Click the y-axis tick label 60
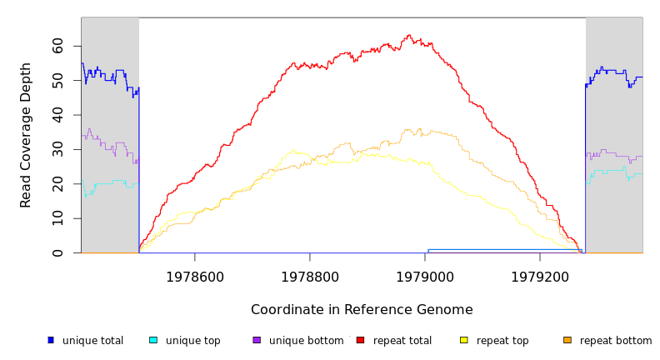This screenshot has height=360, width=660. [x=57, y=46]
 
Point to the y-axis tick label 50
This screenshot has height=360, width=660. [x=57, y=80]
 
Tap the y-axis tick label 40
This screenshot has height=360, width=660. [x=57, y=115]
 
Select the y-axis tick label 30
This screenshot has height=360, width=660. [x=57, y=149]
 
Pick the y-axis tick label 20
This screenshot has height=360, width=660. [x=57, y=183]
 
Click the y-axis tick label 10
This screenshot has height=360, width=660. [x=57, y=218]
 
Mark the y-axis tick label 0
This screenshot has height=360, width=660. [x=57, y=252]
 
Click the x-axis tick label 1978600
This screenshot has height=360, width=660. [x=195, y=277]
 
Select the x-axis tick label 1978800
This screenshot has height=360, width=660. [x=310, y=277]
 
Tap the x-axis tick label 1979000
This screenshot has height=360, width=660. [x=425, y=277]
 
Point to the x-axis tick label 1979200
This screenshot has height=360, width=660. [x=540, y=277]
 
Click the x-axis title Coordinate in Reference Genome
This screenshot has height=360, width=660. [x=362, y=310]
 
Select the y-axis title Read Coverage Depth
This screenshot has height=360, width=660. [x=26, y=135]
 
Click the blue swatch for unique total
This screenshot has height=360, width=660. [x=50, y=340]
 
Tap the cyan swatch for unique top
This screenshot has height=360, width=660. [x=153, y=340]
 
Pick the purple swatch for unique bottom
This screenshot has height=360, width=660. [x=257, y=340]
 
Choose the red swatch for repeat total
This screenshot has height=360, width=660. [x=360, y=340]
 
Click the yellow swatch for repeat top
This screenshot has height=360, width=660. [x=463, y=340]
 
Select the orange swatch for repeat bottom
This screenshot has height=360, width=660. [x=567, y=340]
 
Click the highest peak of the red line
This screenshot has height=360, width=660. [x=409, y=35]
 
